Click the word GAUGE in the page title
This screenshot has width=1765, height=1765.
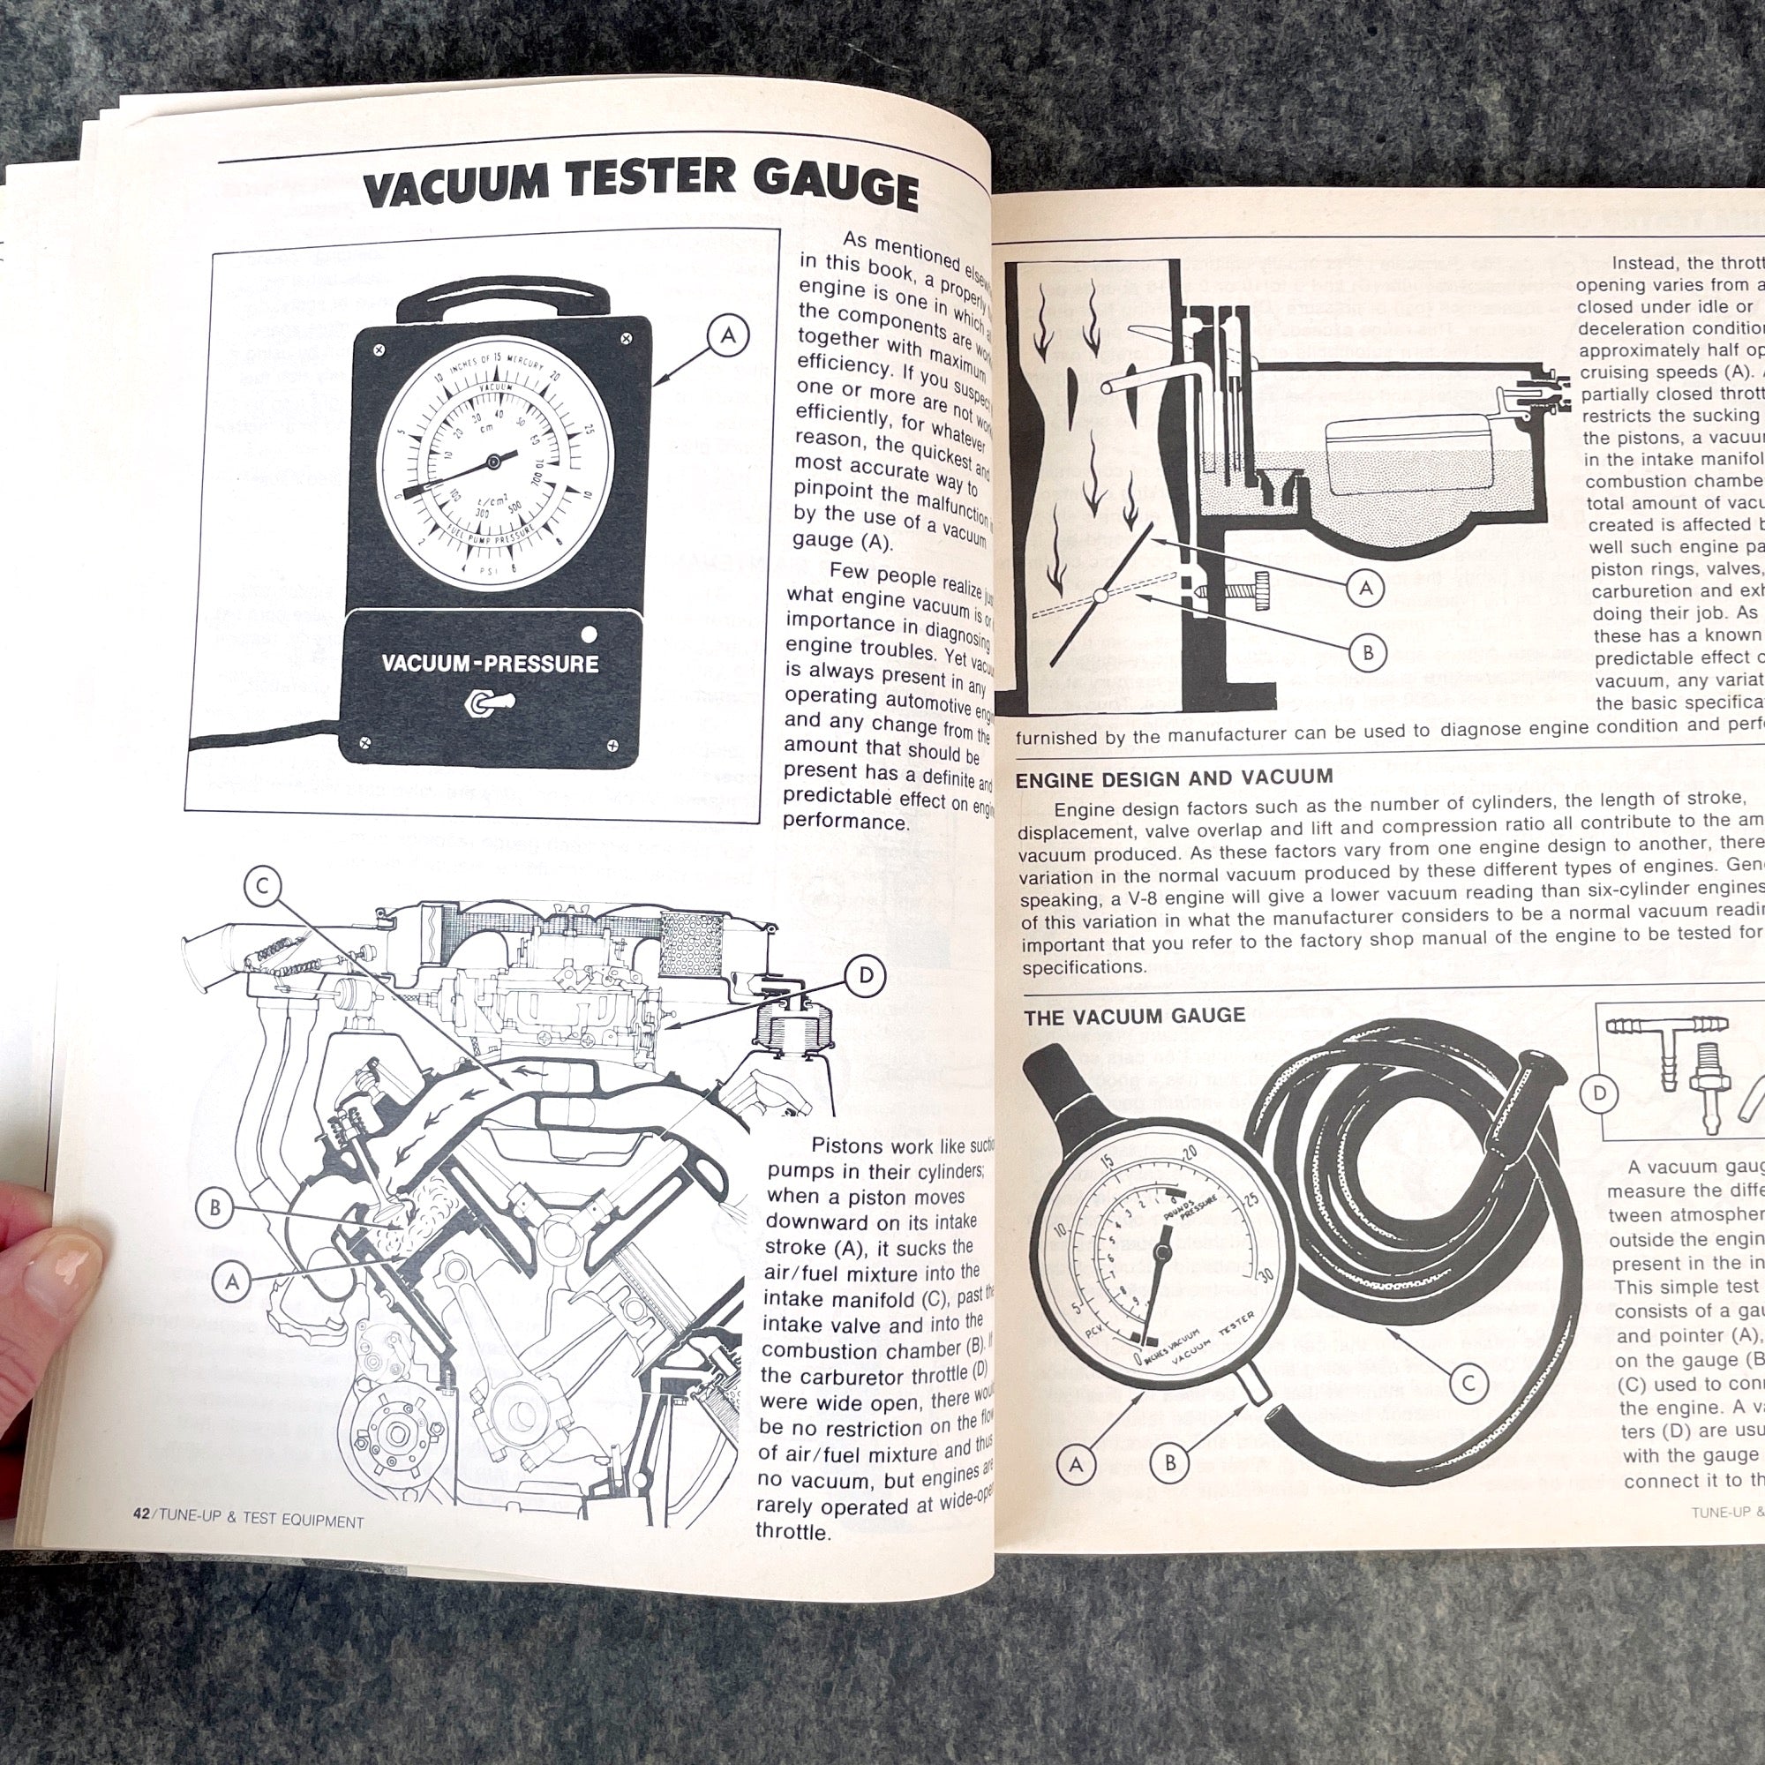point(836,187)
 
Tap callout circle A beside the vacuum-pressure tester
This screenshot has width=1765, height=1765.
point(727,336)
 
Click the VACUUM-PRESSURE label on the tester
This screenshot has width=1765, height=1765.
point(490,664)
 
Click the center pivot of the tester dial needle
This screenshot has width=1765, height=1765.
point(493,462)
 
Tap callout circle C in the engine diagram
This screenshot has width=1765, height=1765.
point(262,887)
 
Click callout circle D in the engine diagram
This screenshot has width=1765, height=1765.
point(865,977)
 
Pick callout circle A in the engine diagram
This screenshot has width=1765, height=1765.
point(232,1281)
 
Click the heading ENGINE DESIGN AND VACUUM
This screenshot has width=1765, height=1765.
point(1174,778)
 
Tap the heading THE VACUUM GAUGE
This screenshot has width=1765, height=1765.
point(1134,1016)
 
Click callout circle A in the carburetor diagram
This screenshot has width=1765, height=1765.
point(1366,589)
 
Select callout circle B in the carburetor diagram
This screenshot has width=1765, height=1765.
point(1368,652)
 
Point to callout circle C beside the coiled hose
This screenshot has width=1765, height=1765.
point(1468,1383)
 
